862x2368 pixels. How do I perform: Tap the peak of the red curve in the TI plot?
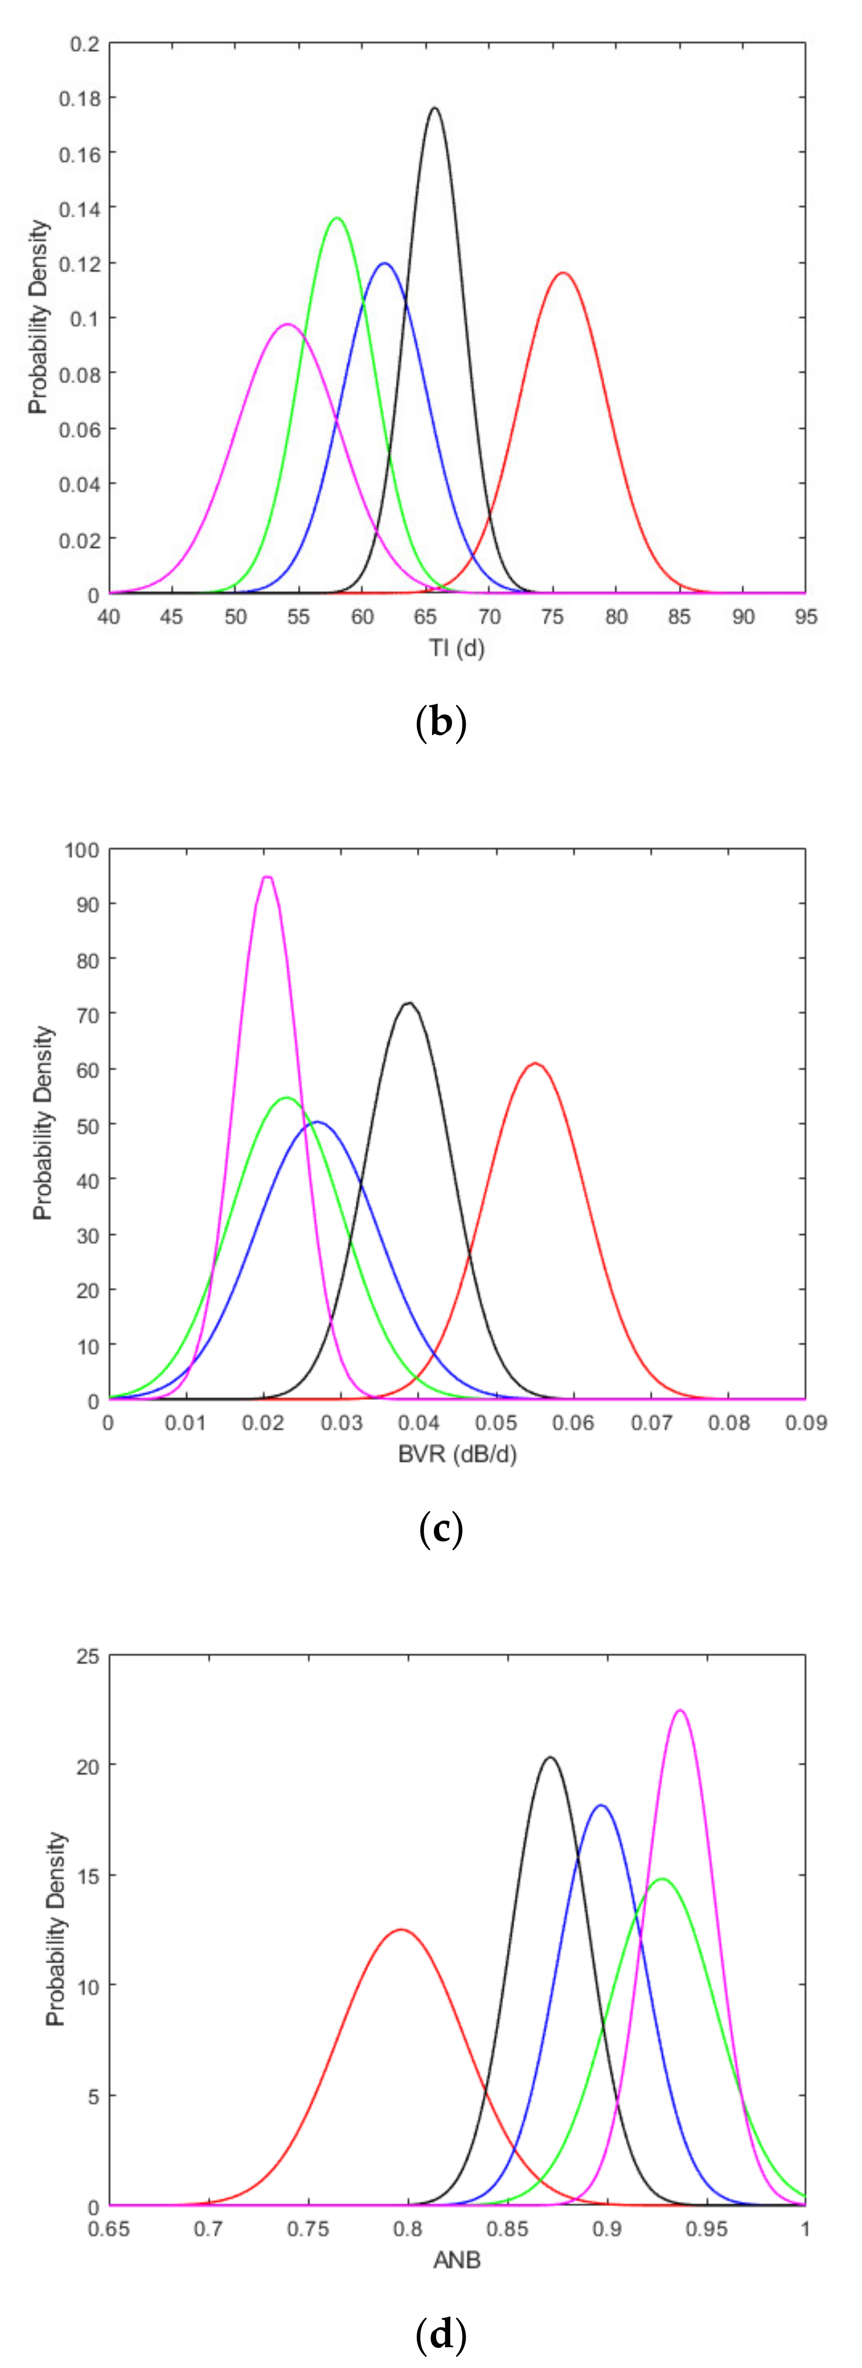click(563, 273)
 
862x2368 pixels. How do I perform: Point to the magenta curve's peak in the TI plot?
click(288, 324)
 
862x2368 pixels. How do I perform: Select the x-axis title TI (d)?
click(457, 648)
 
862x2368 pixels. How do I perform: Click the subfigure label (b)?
click(441, 723)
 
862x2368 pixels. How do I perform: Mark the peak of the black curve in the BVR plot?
click(408, 1003)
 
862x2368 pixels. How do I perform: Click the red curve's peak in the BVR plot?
click(535, 1063)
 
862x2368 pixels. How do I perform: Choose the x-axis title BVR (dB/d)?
click(457, 1454)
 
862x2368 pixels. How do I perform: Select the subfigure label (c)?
click(441, 1529)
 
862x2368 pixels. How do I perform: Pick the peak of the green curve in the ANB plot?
click(662, 1879)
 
